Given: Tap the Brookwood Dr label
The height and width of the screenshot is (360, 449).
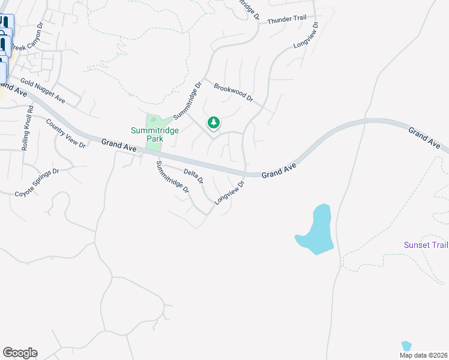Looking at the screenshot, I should (234, 92).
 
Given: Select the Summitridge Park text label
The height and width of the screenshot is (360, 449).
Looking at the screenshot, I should (147, 134).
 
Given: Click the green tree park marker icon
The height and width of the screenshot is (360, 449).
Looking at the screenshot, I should (213, 123).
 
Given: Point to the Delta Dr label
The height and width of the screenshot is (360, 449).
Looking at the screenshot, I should (193, 176).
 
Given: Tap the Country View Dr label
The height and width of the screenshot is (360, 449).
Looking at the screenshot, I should (66, 133).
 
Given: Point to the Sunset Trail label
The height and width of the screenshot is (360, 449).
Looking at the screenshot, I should (426, 245).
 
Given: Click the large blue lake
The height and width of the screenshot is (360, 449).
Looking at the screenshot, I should (317, 232).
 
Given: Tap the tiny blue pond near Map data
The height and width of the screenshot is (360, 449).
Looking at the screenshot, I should (406, 346).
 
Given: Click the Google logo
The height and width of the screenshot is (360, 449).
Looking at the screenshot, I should (20, 353).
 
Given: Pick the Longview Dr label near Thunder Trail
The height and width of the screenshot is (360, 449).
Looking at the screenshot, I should (306, 36).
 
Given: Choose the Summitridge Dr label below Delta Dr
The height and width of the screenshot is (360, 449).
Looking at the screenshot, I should (173, 177).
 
